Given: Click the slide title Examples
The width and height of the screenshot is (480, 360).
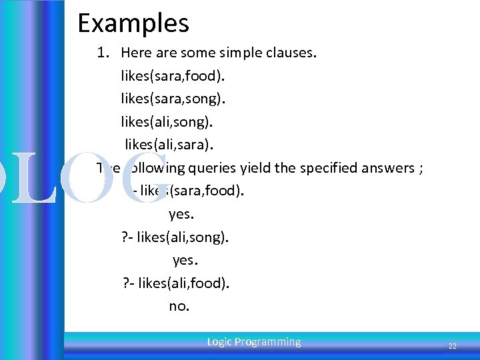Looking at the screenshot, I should (x=133, y=23).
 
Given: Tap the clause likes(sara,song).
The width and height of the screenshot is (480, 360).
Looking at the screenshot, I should (x=173, y=99).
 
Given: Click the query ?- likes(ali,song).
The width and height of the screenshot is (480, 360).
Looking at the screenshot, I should (x=175, y=237).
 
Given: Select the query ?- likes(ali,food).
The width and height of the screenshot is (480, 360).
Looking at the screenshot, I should (x=175, y=283).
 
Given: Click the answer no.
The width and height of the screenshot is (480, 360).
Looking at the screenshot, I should (x=179, y=307).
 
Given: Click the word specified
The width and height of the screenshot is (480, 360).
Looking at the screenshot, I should (x=324, y=168).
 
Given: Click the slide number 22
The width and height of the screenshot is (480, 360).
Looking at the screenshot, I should (x=452, y=346).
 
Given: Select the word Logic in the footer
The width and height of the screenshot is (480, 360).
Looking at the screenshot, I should (x=219, y=342).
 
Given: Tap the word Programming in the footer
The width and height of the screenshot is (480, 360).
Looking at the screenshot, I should (x=267, y=342).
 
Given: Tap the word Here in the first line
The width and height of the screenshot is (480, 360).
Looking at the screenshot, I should (x=136, y=53).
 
